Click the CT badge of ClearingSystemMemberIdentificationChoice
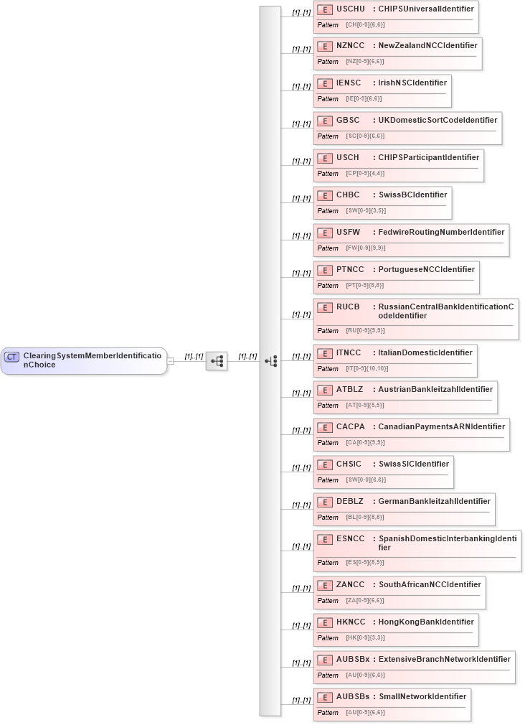(x=12, y=356)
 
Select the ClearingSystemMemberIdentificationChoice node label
(x=93, y=360)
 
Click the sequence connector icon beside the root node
(x=217, y=361)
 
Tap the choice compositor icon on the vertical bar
(x=270, y=361)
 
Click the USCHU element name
(x=351, y=9)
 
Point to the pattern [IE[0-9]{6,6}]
(x=364, y=99)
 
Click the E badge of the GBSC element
(x=325, y=121)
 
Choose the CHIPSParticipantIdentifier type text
(x=428, y=158)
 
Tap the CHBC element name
(x=348, y=195)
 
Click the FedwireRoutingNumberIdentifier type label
(x=441, y=233)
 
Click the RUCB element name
(x=348, y=307)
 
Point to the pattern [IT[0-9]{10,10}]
(x=368, y=369)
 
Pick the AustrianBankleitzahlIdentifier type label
(x=435, y=390)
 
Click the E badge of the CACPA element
(x=325, y=427)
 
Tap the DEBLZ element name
(x=350, y=502)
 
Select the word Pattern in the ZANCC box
(x=328, y=601)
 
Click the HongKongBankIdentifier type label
(x=426, y=622)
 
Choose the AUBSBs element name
(x=353, y=696)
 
